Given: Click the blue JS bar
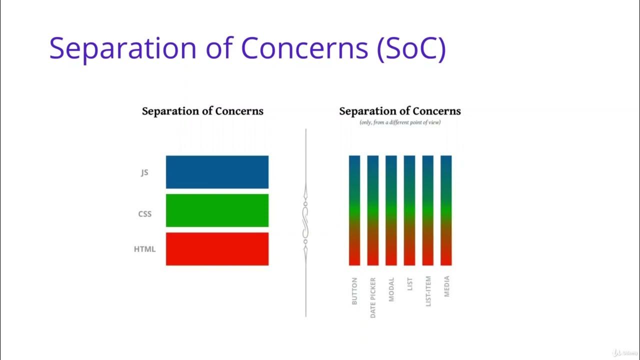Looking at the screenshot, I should coord(217,172).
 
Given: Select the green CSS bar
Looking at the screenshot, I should coord(217,210).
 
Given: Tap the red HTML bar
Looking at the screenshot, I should coord(217,248).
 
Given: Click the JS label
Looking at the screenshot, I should coord(144,172).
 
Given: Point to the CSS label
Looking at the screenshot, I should coord(145,214).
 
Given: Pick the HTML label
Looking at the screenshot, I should coord(144,249).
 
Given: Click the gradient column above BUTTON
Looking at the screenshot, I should coord(354,210).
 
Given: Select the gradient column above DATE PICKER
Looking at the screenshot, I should coord(373,210).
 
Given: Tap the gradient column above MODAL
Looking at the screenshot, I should coord(391,210).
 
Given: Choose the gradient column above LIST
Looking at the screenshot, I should coord(409,210).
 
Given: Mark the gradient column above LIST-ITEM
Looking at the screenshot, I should coord(428,210).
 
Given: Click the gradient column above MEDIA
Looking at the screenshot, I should coord(446,210).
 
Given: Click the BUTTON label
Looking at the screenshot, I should coord(354,291).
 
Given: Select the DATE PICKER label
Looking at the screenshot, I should coord(373,297).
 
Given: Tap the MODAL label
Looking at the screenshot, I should coord(391,289).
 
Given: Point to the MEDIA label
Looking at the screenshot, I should coord(446,286).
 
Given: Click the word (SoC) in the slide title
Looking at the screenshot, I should coord(411,48).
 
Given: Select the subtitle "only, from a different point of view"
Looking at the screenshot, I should coord(400,122).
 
